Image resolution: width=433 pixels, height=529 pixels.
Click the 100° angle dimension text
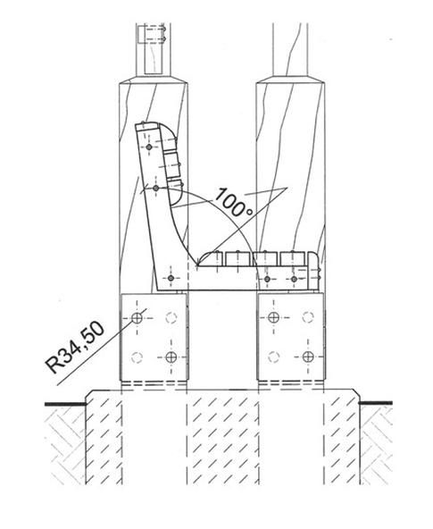point(234,203)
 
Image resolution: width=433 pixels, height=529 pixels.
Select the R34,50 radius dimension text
point(75,348)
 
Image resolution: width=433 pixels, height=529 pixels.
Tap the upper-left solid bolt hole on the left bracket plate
point(137,317)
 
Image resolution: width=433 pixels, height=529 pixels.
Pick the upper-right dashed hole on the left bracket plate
point(171,317)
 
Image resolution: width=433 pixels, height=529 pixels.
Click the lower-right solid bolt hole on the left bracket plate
point(171,357)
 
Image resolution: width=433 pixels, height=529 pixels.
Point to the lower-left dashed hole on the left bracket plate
point(137,357)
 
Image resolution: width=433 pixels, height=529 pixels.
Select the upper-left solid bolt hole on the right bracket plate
point(273,317)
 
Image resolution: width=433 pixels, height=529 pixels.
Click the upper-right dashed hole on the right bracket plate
point(308,317)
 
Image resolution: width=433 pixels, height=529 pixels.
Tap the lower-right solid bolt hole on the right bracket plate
point(308,357)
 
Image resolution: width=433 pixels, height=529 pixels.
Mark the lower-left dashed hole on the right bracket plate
point(273,357)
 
